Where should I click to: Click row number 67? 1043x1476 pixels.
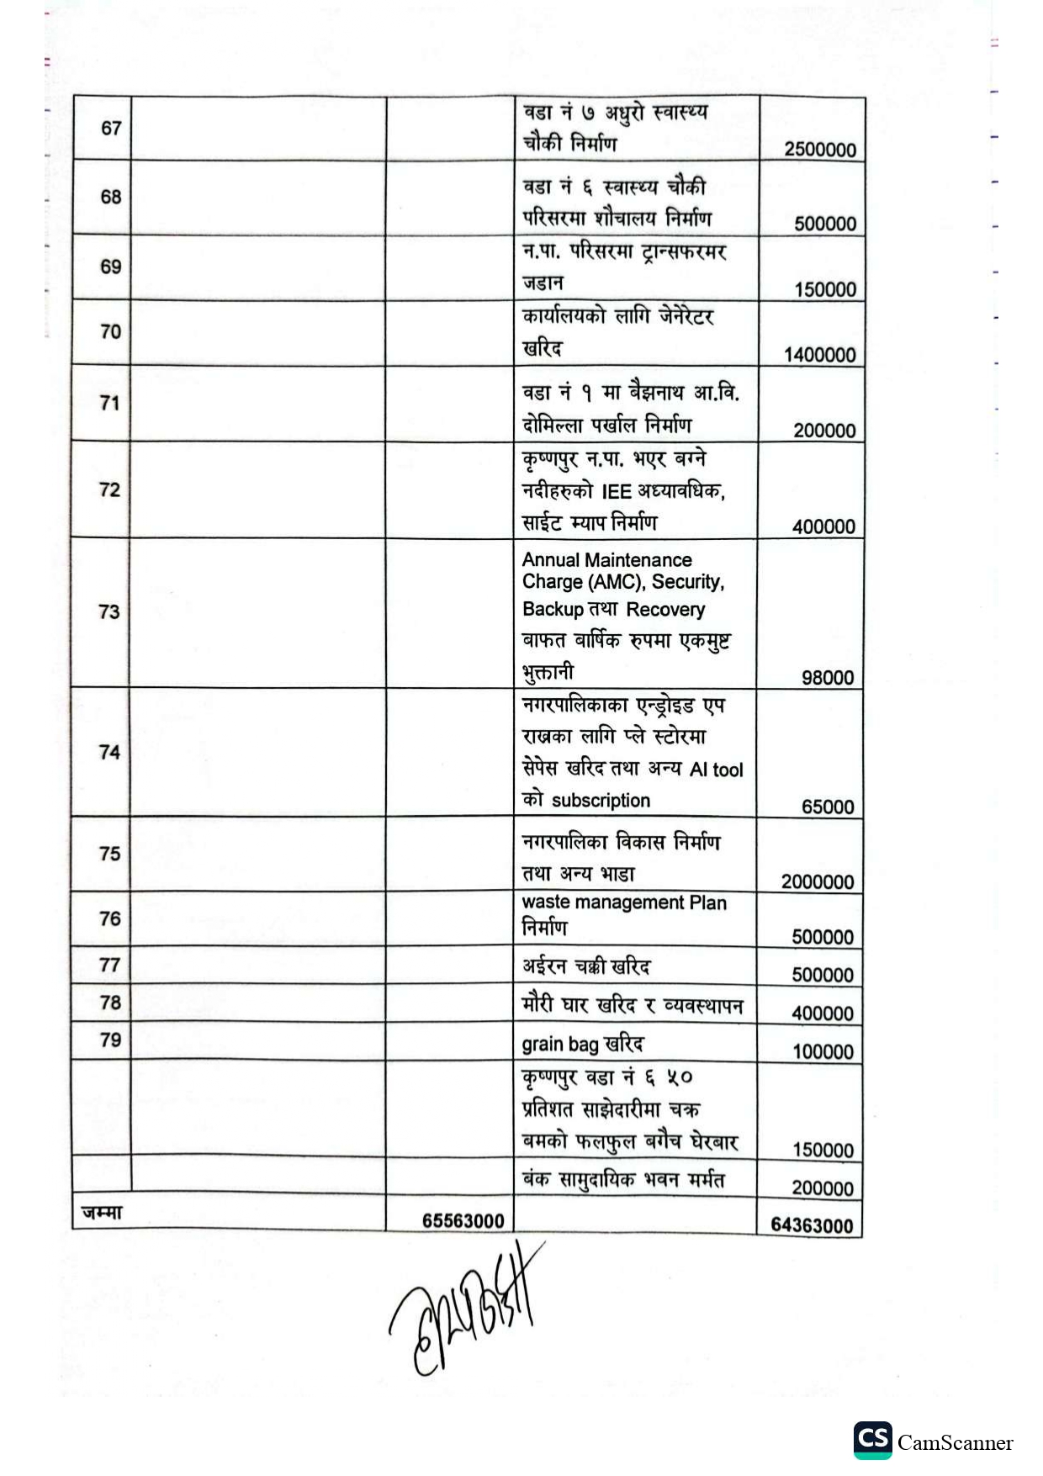(111, 129)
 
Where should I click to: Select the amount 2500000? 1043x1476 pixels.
(820, 150)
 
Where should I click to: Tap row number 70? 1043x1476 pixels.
(110, 332)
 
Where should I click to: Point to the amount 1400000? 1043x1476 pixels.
(820, 355)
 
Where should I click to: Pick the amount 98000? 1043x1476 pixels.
(827, 678)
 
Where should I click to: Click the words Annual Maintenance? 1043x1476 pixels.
(606, 560)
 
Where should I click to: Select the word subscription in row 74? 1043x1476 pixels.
(601, 801)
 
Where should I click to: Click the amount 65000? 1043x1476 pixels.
(827, 807)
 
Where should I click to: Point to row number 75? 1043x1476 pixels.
(109, 854)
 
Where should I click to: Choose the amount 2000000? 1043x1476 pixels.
(817, 882)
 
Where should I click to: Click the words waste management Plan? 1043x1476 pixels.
(623, 902)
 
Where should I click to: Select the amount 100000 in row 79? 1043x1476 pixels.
(823, 1052)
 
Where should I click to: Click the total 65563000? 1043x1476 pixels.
(463, 1221)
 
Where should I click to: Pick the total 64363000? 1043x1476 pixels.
(812, 1225)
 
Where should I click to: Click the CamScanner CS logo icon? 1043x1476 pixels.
(872, 1440)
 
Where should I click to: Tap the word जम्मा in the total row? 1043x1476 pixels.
(102, 1213)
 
